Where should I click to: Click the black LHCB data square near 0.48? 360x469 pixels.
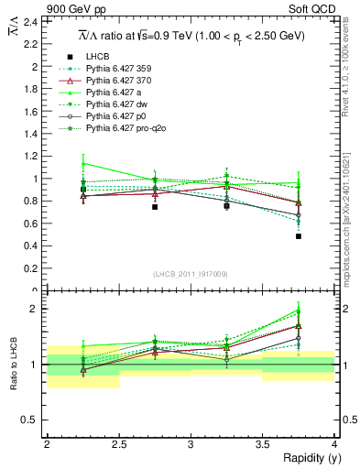pyautogui.click(x=299, y=236)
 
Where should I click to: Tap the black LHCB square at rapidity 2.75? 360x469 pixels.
pyautogui.click(x=155, y=207)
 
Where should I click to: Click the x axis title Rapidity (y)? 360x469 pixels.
pyautogui.click(x=307, y=458)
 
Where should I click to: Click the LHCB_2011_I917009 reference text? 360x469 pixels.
pyautogui.click(x=190, y=273)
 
